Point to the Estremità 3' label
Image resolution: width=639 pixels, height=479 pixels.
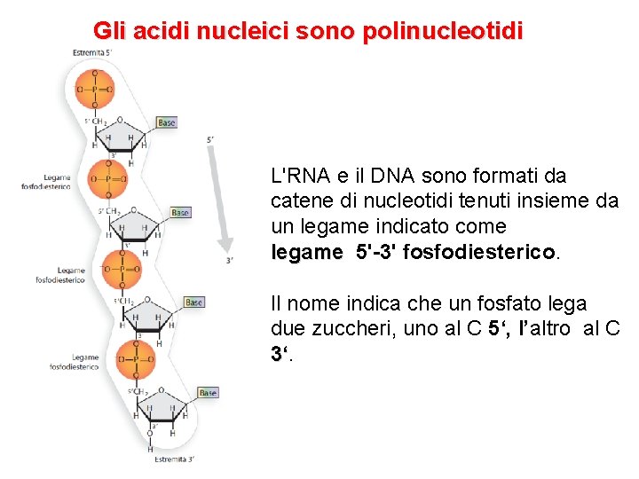(x=174, y=459)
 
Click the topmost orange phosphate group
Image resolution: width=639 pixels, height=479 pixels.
(x=95, y=89)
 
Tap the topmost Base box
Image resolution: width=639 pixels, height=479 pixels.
(x=167, y=122)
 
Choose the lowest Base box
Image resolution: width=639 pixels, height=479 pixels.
(x=208, y=392)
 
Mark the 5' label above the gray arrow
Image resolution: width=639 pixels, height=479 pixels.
(x=209, y=139)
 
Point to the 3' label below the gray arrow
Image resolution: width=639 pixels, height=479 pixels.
(x=230, y=260)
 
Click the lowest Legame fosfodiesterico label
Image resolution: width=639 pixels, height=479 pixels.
(x=74, y=362)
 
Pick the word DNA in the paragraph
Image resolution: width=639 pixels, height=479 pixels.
(x=401, y=176)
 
